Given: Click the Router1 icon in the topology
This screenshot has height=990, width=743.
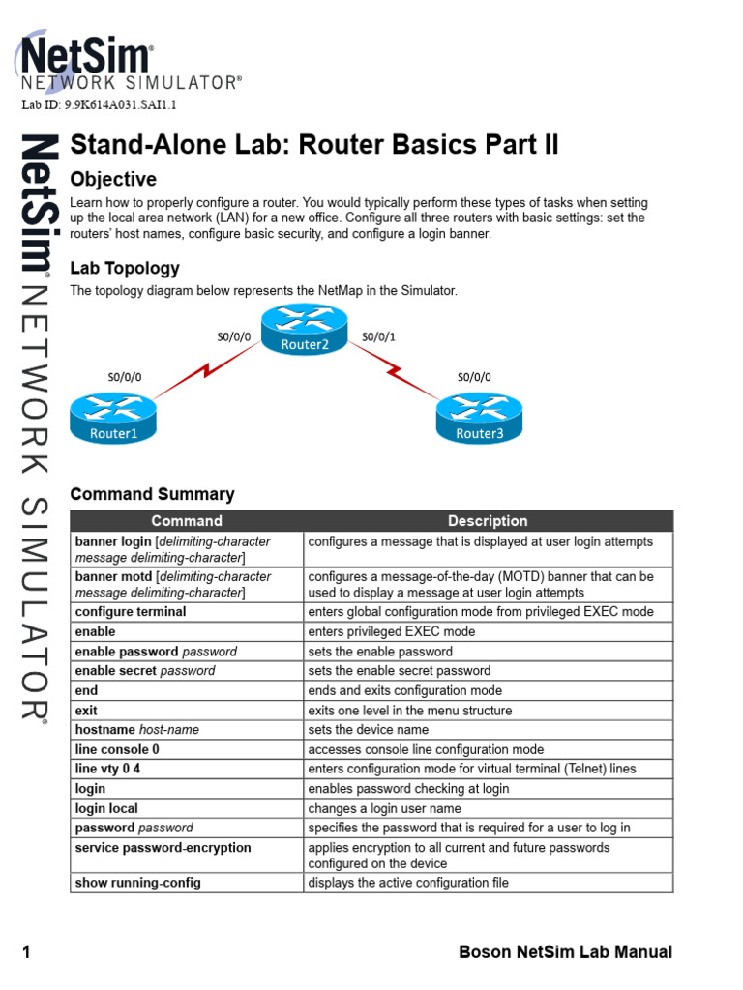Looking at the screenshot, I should [113, 419].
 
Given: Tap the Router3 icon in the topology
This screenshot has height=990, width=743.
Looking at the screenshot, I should [479, 419].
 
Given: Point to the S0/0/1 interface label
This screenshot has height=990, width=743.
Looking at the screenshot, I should [378, 337].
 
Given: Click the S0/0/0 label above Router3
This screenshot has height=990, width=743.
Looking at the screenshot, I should [474, 377].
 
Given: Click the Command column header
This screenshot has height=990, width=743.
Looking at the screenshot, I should [187, 521].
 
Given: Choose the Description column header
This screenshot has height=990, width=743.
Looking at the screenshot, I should [488, 521].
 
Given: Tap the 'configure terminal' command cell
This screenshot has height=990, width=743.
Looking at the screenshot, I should [131, 612].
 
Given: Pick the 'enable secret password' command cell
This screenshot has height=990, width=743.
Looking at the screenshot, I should [145, 671].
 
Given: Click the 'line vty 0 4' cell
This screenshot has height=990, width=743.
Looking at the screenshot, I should [114, 769].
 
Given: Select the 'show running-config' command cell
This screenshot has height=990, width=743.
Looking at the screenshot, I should [138, 883].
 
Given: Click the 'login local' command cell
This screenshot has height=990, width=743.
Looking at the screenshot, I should [106, 808].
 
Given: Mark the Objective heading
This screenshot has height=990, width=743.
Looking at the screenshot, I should [113, 180].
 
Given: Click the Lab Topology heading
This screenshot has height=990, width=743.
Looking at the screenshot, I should [125, 268].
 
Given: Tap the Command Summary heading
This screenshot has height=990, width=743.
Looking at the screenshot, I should [153, 494].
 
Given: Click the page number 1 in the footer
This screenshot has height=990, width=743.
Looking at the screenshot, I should [26, 953].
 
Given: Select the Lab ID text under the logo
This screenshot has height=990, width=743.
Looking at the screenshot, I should [99, 104].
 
